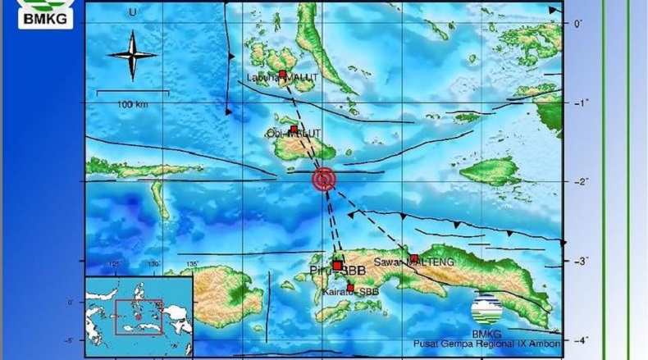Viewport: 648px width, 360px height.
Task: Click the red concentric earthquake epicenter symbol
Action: pos(325,180)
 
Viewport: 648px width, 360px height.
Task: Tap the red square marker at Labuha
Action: pos(282,75)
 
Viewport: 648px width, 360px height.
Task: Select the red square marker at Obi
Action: pos(294,129)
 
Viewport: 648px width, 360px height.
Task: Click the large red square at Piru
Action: pos(336,265)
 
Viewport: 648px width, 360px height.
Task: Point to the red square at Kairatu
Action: pos(351,287)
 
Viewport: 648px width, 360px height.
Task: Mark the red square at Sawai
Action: pos(414,258)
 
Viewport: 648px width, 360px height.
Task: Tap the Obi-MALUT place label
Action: pos(293,134)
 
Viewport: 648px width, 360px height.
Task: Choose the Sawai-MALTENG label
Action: pos(413,262)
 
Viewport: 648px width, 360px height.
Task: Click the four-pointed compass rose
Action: pos(132,54)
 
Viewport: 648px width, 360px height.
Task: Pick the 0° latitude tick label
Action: pos(577,24)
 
